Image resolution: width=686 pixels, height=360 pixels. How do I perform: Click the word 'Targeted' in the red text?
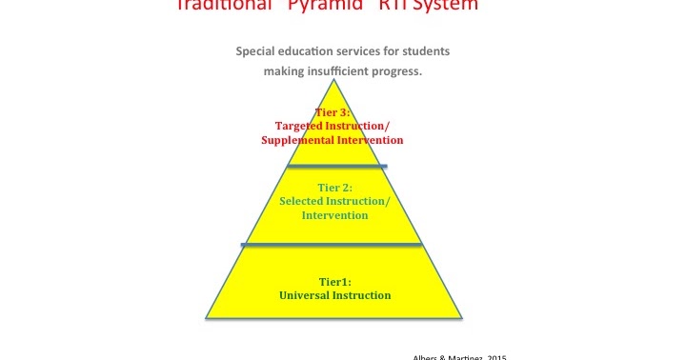pyautogui.click(x=295, y=126)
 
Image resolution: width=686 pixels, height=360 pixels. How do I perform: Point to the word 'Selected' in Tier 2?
pyautogui.click(x=302, y=201)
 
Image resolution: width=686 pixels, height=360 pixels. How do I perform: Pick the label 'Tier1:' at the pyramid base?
pyautogui.click(x=333, y=281)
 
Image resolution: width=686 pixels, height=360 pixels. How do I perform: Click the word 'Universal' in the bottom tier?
pyautogui.click(x=307, y=295)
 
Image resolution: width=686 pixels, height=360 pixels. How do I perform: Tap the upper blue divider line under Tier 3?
pyautogui.click(x=337, y=167)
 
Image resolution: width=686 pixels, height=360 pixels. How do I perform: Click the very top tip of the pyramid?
pyautogui.click(x=334, y=79)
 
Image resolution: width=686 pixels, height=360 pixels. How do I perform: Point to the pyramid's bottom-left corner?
pyautogui.click(x=207, y=317)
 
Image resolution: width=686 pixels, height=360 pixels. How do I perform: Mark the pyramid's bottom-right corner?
pyautogui.click(x=462, y=317)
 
